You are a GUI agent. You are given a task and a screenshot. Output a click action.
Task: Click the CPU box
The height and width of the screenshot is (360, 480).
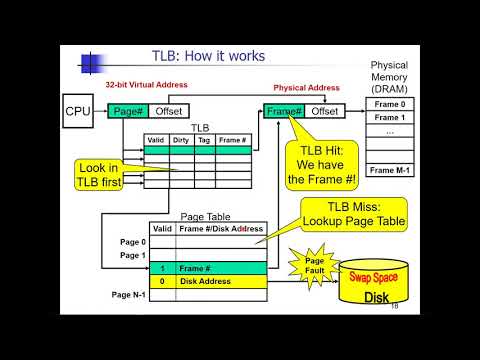(78, 110)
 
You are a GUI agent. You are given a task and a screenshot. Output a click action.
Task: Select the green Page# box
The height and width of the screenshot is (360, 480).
(129, 110)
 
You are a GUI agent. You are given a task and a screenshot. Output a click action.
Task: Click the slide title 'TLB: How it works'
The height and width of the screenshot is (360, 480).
(207, 56)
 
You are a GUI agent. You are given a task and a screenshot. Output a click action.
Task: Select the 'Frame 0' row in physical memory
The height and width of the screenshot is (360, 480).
(389, 104)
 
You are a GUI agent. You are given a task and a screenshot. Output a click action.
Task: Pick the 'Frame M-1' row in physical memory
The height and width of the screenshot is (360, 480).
(389, 170)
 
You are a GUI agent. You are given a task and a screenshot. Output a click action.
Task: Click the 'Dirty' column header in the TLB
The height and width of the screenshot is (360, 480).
(180, 141)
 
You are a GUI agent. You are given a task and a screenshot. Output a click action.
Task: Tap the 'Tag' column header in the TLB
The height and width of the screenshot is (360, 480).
(204, 141)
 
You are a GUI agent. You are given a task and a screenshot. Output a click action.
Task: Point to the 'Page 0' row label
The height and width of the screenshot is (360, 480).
(131, 241)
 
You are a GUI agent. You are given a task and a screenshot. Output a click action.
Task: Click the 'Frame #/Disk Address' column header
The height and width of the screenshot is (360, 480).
(221, 229)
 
